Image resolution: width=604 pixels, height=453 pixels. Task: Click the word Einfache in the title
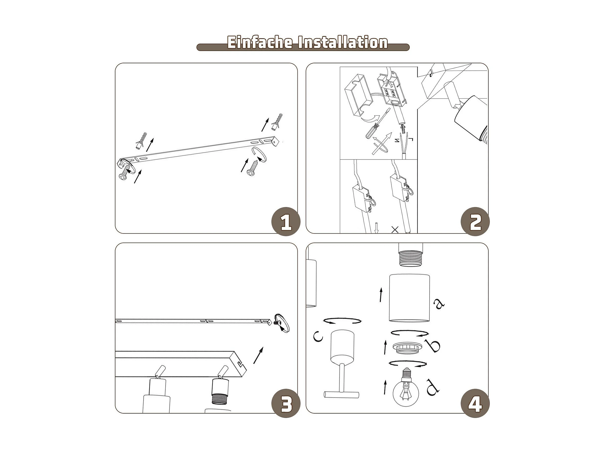260,43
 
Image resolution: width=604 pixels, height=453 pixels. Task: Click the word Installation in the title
343,43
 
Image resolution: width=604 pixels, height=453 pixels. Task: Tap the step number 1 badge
286,222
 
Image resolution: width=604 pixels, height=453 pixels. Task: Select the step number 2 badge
475,222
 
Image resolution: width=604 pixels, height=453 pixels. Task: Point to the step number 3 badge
286,403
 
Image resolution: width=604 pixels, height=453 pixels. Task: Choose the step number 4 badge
475,403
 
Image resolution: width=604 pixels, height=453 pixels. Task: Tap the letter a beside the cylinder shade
439,303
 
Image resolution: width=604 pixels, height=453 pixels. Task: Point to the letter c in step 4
318,336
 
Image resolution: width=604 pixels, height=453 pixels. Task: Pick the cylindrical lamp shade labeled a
409,298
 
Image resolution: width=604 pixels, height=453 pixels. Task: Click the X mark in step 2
395,229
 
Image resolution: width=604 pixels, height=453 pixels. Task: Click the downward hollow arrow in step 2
377,228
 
